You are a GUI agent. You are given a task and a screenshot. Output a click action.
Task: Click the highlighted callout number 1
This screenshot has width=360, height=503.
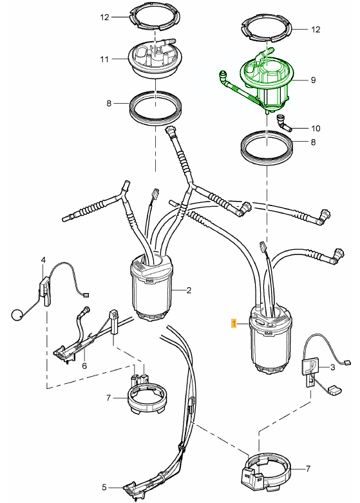click(x=234, y=323)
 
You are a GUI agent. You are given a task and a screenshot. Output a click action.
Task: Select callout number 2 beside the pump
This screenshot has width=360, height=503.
click(x=189, y=290)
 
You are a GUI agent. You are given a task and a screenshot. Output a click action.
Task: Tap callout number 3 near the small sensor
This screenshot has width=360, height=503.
click(x=332, y=366)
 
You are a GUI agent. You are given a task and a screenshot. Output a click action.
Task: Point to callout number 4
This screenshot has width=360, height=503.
click(x=43, y=260)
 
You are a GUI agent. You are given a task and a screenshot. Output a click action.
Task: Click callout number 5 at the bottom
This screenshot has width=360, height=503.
click(x=104, y=488)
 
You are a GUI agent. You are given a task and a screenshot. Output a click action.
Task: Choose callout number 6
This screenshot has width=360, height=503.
click(x=84, y=365)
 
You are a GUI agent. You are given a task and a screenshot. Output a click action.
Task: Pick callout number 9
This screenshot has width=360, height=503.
click(x=313, y=80)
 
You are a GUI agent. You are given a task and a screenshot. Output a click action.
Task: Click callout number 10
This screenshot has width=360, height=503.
click(x=316, y=128)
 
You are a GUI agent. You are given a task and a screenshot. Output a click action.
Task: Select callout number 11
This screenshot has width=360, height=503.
click(x=104, y=59)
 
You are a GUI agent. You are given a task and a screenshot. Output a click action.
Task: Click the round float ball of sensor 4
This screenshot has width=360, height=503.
click(x=17, y=315)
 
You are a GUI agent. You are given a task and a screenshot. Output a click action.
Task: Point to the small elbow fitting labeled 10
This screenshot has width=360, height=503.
click(x=283, y=123)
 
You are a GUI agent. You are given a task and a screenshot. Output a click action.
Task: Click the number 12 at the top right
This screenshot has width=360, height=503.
click(x=316, y=30)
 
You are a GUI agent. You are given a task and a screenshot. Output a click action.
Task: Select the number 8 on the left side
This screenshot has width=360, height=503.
click(x=109, y=103)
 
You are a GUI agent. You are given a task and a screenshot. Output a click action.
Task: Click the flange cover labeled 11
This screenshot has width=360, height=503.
click(x=156, y=59)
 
